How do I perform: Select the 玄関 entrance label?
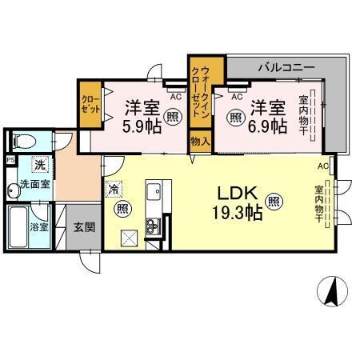click(83, 226)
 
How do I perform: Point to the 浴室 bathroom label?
click(39, 227)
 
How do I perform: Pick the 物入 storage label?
click(200, 142)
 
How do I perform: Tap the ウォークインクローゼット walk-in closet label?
click(200, 93)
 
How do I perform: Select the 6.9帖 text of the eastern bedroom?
click(266, 126)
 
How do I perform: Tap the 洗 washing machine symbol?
click(38, 166)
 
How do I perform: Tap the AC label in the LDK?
click(323, 166)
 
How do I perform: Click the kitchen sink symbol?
click(154, 193)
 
